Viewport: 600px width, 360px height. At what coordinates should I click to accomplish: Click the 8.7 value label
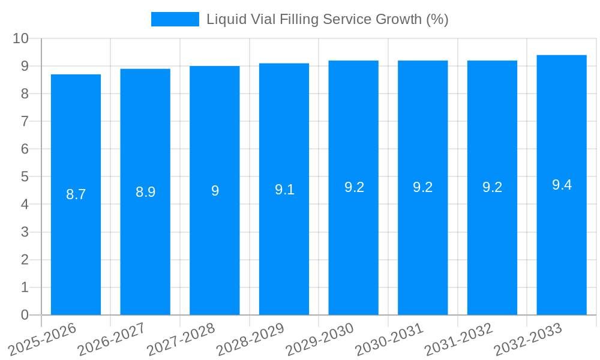tap(76, 194)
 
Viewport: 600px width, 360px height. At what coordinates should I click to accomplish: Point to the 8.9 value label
tap(145, 192)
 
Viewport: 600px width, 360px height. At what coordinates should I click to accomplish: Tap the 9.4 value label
tap(562, 185)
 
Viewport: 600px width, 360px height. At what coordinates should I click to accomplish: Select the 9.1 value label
tap(284, 190)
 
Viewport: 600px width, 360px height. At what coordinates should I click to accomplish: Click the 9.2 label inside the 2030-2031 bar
tap(422, 187)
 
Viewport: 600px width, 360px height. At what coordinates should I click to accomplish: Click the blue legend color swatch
tap(175, 19)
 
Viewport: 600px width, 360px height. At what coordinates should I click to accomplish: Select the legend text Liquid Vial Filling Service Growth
tap(327, 19)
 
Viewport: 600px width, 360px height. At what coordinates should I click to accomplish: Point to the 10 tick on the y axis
tap(21, 38)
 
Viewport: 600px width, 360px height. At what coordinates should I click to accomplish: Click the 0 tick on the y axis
tap(25, 315)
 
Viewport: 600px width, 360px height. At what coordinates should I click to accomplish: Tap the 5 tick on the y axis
tap(25, 177)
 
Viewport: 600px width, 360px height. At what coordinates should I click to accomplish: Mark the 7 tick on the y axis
tap(25, 121)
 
